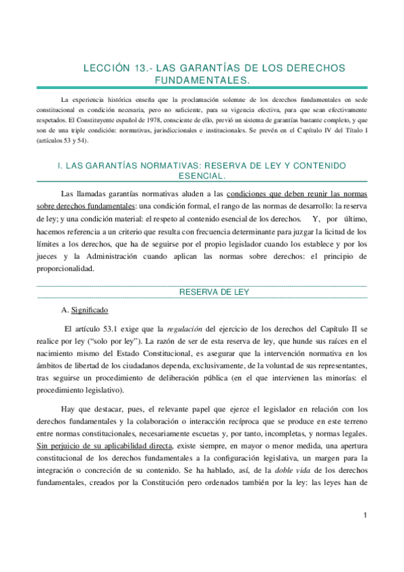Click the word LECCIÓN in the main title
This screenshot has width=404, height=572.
105,68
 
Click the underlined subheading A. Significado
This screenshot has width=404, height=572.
84,310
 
